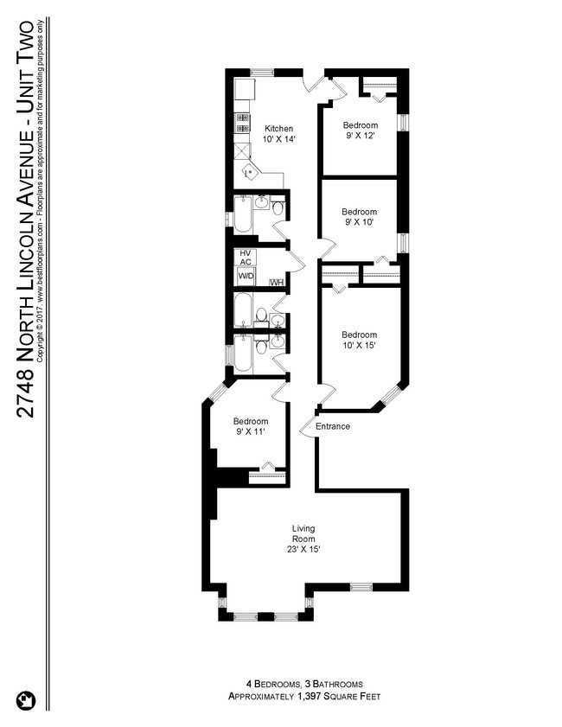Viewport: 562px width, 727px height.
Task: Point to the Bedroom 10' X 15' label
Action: (359, 341)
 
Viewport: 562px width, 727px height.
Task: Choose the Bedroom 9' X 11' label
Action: (251, 427)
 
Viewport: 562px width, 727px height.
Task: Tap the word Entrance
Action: (333, 426)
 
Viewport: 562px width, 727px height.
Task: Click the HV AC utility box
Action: (246, 257)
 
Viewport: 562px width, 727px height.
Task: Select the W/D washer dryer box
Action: (246, 276)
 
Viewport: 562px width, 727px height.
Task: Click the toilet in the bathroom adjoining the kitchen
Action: (278, 208)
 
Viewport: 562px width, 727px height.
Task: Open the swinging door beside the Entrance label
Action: (308, 424)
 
